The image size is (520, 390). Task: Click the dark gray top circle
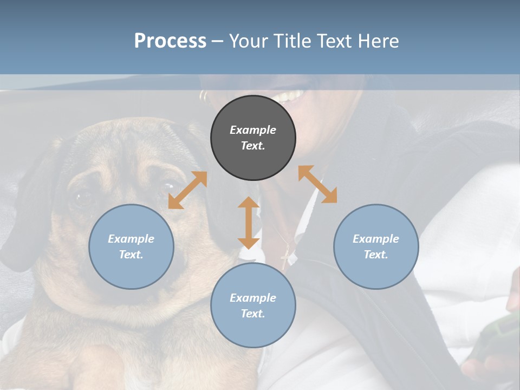[253, 138]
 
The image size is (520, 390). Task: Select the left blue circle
[131, 246]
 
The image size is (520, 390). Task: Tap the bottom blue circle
[253, 305]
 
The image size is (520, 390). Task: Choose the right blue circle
[376, 246]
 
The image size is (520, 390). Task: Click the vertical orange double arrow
[249, 223]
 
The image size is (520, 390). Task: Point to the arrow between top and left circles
[187, 190]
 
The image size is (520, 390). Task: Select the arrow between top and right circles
[317, 184]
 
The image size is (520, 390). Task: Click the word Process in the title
[170, 41]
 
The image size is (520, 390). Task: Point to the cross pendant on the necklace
[285, 259]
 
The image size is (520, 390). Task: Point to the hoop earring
[204, 96]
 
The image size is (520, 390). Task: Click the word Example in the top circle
[253, 130]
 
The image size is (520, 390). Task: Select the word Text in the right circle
[376, 255]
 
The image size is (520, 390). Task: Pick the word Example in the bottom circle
[253, 298]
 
